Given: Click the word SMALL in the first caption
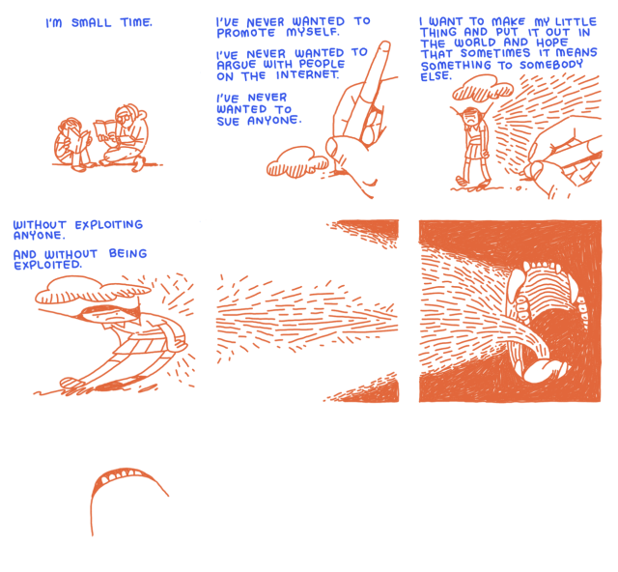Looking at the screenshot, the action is tap(92, 23).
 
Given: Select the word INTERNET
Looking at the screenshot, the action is tap(307, 74).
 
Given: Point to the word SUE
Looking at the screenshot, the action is tap(228, 121).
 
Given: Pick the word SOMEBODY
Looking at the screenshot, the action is tap(551, 65).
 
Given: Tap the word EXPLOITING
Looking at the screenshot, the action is tap(109, 225).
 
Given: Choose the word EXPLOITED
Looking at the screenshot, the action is tap(47, 265).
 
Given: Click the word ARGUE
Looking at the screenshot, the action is tap(236, 65).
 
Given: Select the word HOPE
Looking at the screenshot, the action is tap(552, 43).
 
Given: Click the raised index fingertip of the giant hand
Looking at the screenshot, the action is tap(383, 46).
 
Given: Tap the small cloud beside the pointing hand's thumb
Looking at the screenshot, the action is tap(297, 161).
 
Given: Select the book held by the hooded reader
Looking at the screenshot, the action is tap(105, 131).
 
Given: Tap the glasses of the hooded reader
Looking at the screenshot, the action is tap(123, 117).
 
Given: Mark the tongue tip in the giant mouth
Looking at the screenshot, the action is tap(544, 371).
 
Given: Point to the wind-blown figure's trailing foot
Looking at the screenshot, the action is tap(71, 383).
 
